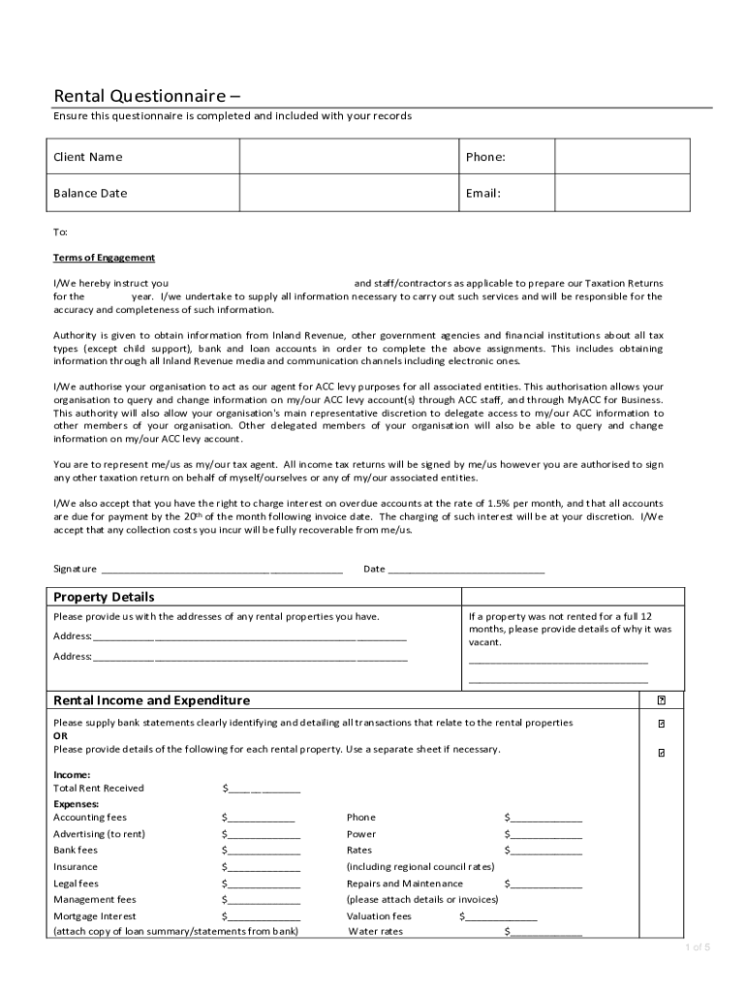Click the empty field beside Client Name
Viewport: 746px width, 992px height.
coord(350,157)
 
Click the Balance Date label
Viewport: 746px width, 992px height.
coord(90,193)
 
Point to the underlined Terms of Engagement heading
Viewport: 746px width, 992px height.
coord(104,258)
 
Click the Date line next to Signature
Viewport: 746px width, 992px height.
coord(465,570)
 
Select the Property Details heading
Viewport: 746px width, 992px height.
coord(104,597)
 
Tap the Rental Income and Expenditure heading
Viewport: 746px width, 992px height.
coord(151,700)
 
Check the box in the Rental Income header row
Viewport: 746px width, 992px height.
coord(662,699)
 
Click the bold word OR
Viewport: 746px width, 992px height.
coord(60,735)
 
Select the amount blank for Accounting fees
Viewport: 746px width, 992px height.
coord(261,818)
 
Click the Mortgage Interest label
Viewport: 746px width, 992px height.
coord(95,916)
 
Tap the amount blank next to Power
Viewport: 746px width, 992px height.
coord(545,834)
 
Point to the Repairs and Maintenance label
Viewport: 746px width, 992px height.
coord(405,883)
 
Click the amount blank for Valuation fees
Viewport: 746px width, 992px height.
coord(500,916)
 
